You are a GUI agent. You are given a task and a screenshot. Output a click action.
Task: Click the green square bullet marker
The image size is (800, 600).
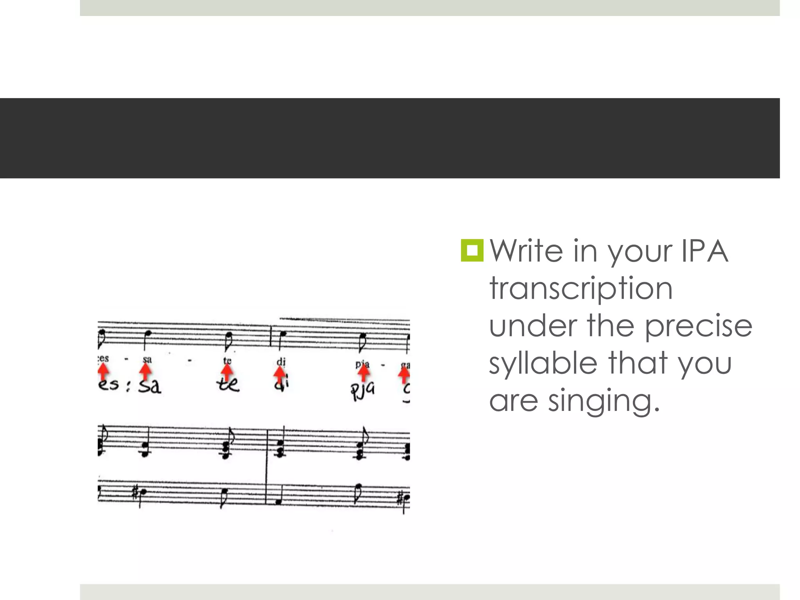pos(472,250)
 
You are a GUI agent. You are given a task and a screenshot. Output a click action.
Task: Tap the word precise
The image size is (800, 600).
pos(698,326)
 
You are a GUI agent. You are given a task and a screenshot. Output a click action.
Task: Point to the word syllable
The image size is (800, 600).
pos(543,364)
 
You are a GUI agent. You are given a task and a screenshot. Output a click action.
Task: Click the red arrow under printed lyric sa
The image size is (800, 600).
pos(146,371)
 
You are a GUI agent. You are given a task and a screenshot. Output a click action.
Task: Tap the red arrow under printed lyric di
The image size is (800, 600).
pos(280,375)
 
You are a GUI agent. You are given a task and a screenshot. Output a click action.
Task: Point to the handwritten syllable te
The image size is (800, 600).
pos(228,385)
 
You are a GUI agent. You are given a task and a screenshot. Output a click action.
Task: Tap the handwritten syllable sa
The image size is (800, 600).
pos(150,386)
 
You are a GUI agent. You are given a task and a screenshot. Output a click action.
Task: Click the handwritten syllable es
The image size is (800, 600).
pos(108,385)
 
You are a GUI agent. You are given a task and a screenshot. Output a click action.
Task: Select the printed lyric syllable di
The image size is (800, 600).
pos(281,362)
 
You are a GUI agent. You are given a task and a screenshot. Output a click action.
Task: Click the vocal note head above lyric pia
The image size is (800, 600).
pos(363,336)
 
